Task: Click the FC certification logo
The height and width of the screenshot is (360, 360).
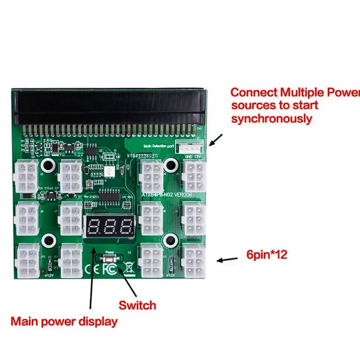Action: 110,270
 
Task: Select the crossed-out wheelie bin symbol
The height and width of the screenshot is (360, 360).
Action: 128,270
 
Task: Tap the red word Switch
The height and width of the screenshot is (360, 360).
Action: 137,305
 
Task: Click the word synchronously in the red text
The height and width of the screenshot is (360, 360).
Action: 271,118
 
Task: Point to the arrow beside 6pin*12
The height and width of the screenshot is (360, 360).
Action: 227,259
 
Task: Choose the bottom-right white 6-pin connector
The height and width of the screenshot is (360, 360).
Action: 193,261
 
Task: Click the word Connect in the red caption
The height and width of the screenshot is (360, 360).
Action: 254,93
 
